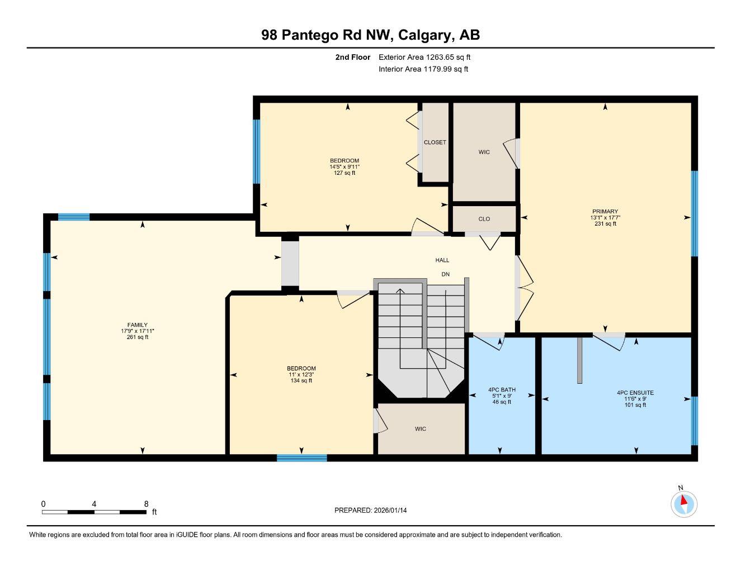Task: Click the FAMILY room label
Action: point(138,325)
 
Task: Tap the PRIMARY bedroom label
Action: point(605,212)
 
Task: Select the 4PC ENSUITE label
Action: point(635,393)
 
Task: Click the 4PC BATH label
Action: point(502,390)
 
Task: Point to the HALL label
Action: point(442,260)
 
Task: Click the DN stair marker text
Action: point(445,274)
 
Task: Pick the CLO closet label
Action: point(484,219)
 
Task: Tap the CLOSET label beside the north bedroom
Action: point(435,142)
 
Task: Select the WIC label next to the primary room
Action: point(484,152)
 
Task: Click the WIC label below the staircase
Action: point(421,429)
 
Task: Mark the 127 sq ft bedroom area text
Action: point(344,173)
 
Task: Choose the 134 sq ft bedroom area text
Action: point(301,381)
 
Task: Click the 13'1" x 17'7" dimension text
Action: point(605,218)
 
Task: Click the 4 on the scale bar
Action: point(94,504)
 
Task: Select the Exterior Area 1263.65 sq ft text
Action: point(424,57)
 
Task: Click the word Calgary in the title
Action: point(425,35)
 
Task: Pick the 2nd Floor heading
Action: point(352,57)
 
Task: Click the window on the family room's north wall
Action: point(74,217)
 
